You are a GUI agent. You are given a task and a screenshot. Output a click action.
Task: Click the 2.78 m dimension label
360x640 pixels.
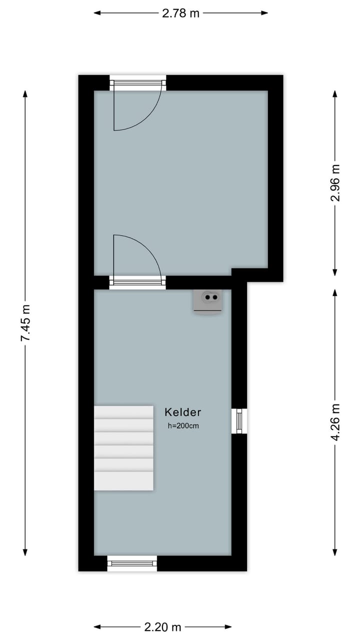pos(180,13)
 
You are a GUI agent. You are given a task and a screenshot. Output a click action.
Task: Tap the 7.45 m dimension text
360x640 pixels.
pos(25,323)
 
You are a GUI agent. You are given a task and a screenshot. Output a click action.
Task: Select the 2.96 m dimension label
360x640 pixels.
pos(335,182)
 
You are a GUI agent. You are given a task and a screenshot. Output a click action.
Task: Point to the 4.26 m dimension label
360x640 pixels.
pos(335,422)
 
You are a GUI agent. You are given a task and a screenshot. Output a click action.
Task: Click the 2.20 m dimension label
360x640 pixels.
pos(162,627)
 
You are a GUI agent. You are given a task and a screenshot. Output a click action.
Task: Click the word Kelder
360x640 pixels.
pos(183,412)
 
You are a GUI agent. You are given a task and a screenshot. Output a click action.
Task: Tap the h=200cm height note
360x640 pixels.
pos(183,426)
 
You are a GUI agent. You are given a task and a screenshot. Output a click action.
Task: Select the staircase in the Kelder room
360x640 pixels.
pos(123,447)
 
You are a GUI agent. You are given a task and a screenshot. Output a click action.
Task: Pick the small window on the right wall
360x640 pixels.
pos(239,420)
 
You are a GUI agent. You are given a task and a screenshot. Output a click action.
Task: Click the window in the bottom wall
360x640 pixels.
pos(132,563)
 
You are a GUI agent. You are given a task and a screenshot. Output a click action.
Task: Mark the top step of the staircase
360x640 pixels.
pos(123,412)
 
